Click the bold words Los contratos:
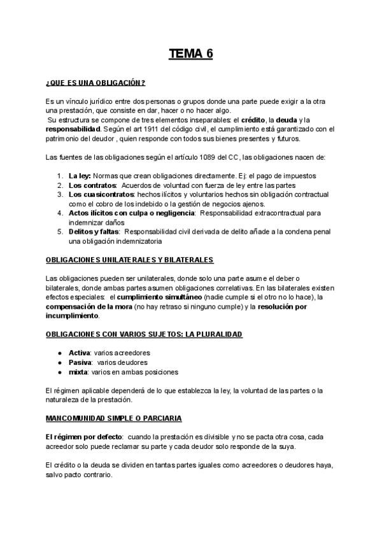[x=88, y=185]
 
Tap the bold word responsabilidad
[x=73, y=129]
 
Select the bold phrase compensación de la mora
[x=88, y=306]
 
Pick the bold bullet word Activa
[x=79, y=352]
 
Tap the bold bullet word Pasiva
[x=80, y=362]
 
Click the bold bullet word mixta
[x=78, y=371]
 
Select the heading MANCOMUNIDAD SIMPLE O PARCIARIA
[x=114, y=418]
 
